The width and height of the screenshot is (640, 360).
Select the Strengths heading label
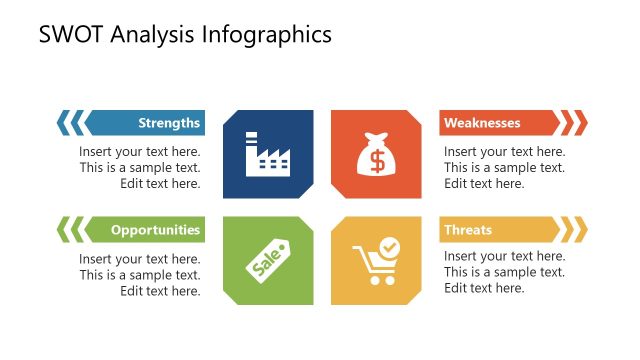point(169,123)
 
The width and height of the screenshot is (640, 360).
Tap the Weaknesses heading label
point(482,123)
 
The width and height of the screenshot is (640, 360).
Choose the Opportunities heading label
point(155,230)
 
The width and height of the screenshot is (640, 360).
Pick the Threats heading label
point(468,230)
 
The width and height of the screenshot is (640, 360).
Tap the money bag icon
point(376,154)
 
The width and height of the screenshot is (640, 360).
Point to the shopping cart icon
point(374,263)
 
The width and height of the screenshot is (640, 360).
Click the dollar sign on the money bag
point(376,160)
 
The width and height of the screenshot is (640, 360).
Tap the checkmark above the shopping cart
point(390,245)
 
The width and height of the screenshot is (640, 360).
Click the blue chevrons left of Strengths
point(71,123)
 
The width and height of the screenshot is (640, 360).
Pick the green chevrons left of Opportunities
point(71,230)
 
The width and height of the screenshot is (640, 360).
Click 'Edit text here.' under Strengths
point(160,184)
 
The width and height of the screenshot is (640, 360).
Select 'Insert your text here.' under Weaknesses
point(505,152)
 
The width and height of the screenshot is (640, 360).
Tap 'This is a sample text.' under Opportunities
point(140,275)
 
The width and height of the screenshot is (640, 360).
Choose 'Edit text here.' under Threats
point(484,289)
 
